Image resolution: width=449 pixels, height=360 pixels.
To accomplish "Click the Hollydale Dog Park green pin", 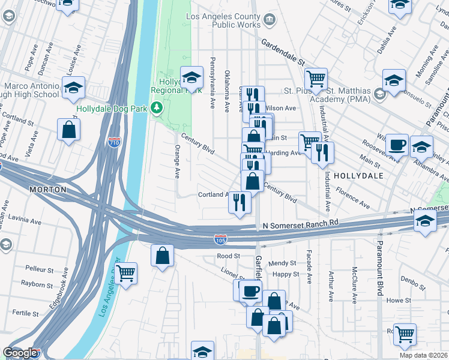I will (157, 108).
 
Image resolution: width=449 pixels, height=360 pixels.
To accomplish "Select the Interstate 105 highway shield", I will (221, 239).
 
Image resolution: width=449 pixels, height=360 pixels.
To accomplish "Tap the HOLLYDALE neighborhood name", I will (357, 176).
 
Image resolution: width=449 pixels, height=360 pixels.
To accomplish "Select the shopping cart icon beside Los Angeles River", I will (125, 273).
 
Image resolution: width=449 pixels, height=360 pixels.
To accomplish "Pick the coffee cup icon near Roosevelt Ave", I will (397, 145).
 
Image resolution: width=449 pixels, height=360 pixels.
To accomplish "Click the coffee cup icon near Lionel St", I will (250, 292).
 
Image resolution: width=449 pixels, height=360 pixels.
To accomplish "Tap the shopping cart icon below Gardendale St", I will (316, 78).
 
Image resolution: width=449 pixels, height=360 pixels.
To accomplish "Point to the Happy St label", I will (286, 274).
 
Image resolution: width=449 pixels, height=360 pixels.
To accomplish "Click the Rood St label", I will (228, 256).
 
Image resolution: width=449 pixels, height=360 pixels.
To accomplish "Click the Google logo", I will (20, 353).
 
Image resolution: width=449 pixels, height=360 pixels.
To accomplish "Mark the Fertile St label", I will (25, 313).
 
